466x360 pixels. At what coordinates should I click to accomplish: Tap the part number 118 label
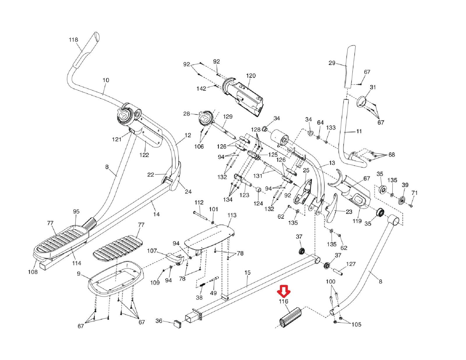pyautogui.click(x=73, y=40)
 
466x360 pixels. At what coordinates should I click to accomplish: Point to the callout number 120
pyautogui.click(x=250, y=76)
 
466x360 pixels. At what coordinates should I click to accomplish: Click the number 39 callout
pyautogui.click(x=405, y=185)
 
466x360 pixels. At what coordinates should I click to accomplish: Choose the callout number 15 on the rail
pyautogui.click(x=247, y=273)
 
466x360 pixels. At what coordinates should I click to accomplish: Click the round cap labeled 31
pyautogui.click(x=362, y=102)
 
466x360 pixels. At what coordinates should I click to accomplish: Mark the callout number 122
pyautogui.click(x=144, y=155)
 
